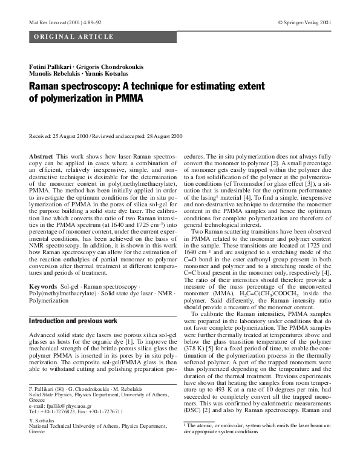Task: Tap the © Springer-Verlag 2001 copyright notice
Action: (304, 22)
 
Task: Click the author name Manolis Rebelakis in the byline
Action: (52, 73)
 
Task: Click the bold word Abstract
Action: (41, 157)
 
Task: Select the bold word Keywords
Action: (44, 284)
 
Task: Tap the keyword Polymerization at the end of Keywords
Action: (51, 300)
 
